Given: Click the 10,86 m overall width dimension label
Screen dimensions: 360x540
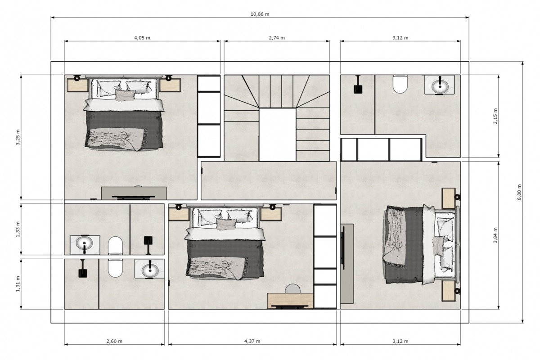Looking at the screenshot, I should coord(260,14).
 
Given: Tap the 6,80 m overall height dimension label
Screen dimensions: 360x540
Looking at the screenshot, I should coord(519,192).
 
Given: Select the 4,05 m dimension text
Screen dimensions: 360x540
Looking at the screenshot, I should coord(142,38).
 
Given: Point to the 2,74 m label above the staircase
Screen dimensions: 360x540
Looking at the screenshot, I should coord(277,38).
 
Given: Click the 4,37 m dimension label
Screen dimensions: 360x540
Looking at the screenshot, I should coord(252,341).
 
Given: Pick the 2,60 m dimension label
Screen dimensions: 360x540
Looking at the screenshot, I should coord(114,341).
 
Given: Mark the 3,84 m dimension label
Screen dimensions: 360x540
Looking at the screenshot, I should coord(495,235).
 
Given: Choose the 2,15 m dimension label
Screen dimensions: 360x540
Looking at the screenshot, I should coord(495,116).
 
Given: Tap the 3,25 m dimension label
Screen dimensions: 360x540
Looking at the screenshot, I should coord(18,137).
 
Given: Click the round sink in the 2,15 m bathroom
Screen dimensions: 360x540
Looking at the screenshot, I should coord(439,85).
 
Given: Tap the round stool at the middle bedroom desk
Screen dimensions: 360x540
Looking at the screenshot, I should coord(293,288).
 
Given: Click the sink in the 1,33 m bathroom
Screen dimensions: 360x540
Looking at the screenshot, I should coord(84,244).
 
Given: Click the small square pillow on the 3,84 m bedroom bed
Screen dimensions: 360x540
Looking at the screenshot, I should coord(438,245).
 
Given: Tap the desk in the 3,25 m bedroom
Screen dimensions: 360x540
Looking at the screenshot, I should coord(134,193).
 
